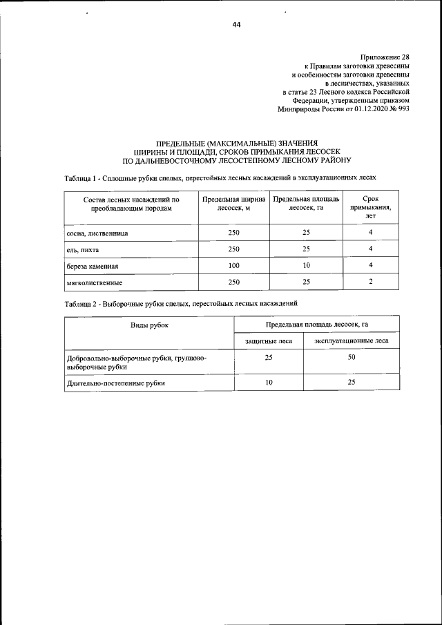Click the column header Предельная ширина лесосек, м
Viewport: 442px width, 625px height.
[x=233, y=204]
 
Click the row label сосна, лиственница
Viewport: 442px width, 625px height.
[x=97, y=233]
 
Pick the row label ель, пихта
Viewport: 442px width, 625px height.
[x=82, y=249]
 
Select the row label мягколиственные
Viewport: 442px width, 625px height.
[x=95, y=282]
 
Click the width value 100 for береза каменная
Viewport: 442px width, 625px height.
[x=233, y=265]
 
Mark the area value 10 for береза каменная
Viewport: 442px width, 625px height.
[x=306, y=265]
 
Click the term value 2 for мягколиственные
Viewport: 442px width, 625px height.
[x=371, y=282]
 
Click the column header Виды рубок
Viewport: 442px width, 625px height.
[x=149, y=324]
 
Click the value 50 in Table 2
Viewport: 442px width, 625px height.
[x=351, y=357]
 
